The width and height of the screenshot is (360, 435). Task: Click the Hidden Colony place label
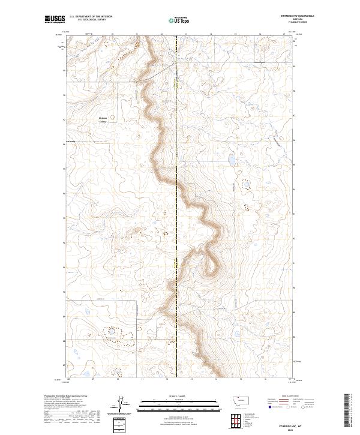coord(106,119)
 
